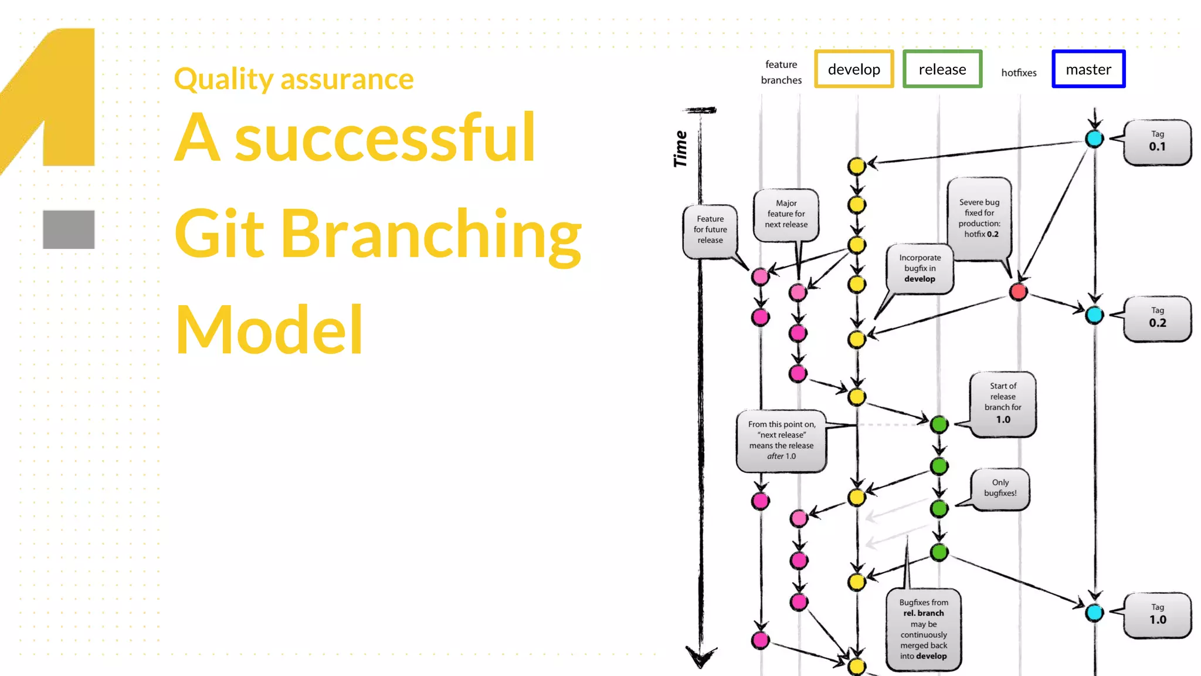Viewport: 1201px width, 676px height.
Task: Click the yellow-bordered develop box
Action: pos(854,69)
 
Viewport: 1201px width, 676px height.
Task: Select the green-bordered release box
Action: pos(942,69)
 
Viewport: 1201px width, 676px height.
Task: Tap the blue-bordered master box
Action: pos(1088,69)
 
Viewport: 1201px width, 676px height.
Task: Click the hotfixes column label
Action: pos(1019,73)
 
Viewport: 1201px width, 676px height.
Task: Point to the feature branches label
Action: pos(781,72)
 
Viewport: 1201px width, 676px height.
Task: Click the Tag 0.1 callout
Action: pos(1157,142)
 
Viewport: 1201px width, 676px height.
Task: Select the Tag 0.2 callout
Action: pos(1157,318)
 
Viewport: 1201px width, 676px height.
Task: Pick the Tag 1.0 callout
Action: pos(1157,615)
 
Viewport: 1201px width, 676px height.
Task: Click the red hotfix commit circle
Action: pos(1018,291)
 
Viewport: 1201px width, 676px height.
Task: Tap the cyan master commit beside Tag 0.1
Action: pos(1094,139)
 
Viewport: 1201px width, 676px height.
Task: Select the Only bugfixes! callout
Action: pos(1000,488)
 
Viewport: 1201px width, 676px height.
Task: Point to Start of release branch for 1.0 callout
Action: pos(1003,404)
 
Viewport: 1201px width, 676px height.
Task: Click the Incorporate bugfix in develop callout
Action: pos(920,268)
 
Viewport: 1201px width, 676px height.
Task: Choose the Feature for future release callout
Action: pos(710,230)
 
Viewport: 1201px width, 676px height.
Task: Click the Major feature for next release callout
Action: pos(786,214)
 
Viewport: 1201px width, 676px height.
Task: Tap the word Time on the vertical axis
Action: pos(680,149)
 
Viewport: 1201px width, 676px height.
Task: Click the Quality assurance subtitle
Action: pos(294,79)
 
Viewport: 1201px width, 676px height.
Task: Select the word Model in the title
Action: pos(269,330)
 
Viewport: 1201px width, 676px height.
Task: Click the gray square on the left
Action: pos(69,229)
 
